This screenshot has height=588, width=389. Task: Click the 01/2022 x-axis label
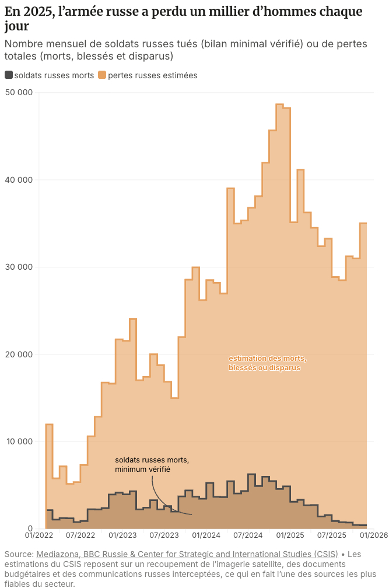[38, 535]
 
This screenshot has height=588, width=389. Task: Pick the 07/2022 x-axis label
[80, 535]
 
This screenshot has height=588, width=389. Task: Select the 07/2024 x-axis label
[248, 535]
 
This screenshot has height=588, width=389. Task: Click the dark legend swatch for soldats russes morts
[9, 75]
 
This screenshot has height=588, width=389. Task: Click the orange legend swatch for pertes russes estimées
[102, 75]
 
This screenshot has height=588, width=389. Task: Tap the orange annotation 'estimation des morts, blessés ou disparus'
[267, 363]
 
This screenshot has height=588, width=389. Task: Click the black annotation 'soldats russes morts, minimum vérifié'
[152, 464]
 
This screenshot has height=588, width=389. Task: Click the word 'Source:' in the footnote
[19, 554]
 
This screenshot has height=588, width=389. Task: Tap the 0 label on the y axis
[31, 529]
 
